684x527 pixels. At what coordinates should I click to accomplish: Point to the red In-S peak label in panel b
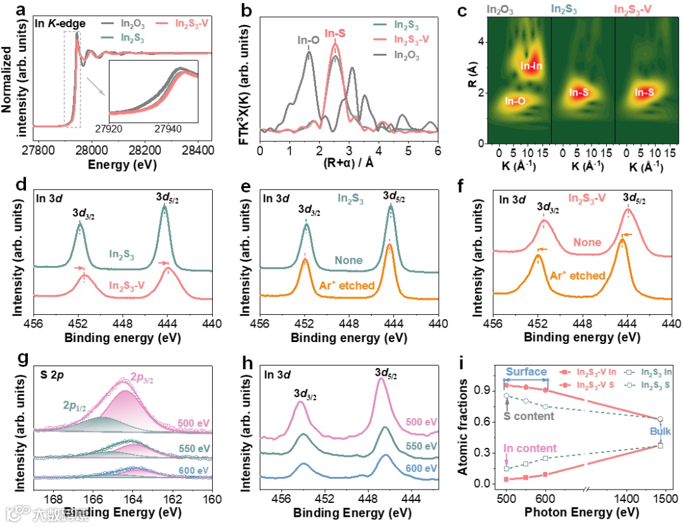pos(336,33)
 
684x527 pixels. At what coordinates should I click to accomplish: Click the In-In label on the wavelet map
pos(532,65)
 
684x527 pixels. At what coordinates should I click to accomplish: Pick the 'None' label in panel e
pos(349,260)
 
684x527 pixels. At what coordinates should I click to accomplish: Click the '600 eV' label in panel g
pos(194,469)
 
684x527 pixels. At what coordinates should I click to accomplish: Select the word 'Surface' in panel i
pos(525,372)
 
